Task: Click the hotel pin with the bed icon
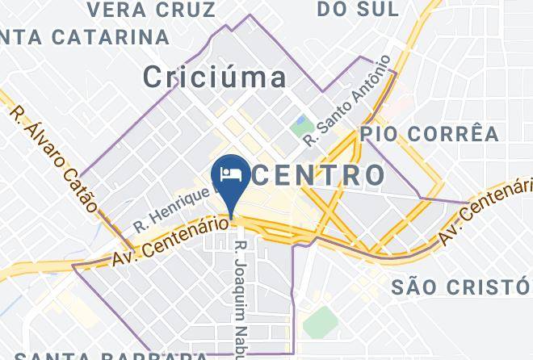(x=230, y=175)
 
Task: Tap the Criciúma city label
(x=215, y=77)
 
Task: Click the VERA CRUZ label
(x=151, y=10)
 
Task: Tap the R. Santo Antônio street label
(x=347, y=101)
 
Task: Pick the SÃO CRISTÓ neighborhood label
(x=460, y=287)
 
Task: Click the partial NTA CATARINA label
(x=85, y=37)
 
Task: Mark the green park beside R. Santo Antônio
(x=301, y=125)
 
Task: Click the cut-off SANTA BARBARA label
(x=113, y=355)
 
